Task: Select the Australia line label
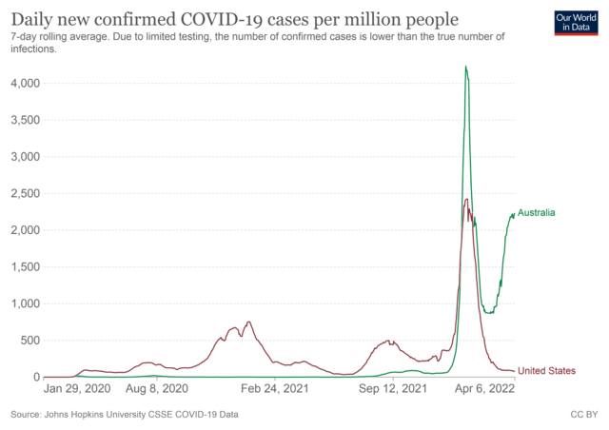pyautogui.click(x=536, y=213)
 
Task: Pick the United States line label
pyautogui.click(x=546, y=370)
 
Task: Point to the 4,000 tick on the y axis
pyautogui.click(x=22, y=84)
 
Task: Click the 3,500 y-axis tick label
pyautogui.click(x=22, y=121)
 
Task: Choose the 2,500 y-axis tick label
pyautogui.click(x=22, y=194)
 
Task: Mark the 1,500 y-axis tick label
pyautogui.click(x=22, y=267)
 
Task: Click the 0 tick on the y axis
pyautogui.click(x=34, y=378)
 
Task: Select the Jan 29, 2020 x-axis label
pyautogui.click(x=79, y=389)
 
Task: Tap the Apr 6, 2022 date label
pyautogui.click(x=482, y=389)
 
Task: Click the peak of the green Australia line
pyautogui.click(x=465, y=67)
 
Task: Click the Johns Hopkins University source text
pyautogui.click(x=125, y=415)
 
